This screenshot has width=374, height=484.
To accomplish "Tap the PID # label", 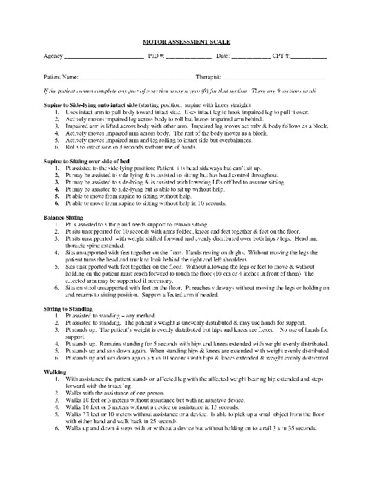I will [156, 55].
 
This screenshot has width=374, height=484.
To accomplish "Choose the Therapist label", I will [208, 77].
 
